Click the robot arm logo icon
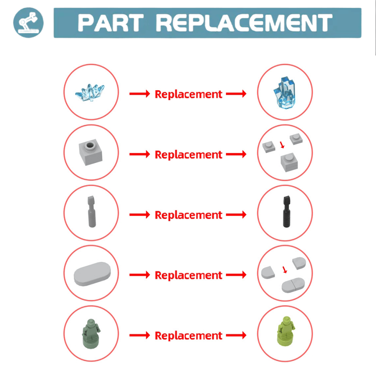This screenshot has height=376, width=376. click(28, 22)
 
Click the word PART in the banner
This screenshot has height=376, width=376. click(110, 23)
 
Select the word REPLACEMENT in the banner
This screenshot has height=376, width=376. click(244, 23)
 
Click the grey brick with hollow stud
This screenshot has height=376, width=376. click(91, 152)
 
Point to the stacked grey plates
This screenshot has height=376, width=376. click(289, 162)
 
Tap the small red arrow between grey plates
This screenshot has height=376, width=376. click(282, 145)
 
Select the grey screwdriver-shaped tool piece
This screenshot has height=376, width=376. click(91, 211)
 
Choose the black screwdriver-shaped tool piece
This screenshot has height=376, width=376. click(287, 211)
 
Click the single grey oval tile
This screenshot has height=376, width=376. click(92, 274)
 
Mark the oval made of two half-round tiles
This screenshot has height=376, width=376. click(293, 285)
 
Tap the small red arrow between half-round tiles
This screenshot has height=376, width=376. click(284, 269)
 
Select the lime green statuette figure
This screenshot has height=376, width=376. click(286, 331)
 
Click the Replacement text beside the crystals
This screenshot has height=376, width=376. click(188, 94)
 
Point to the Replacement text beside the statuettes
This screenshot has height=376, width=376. click(188, 336)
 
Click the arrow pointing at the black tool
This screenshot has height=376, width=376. click(236, 215)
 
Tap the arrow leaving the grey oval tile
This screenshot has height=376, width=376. click(140, 275)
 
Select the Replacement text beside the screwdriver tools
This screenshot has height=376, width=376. click(188, 215)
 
